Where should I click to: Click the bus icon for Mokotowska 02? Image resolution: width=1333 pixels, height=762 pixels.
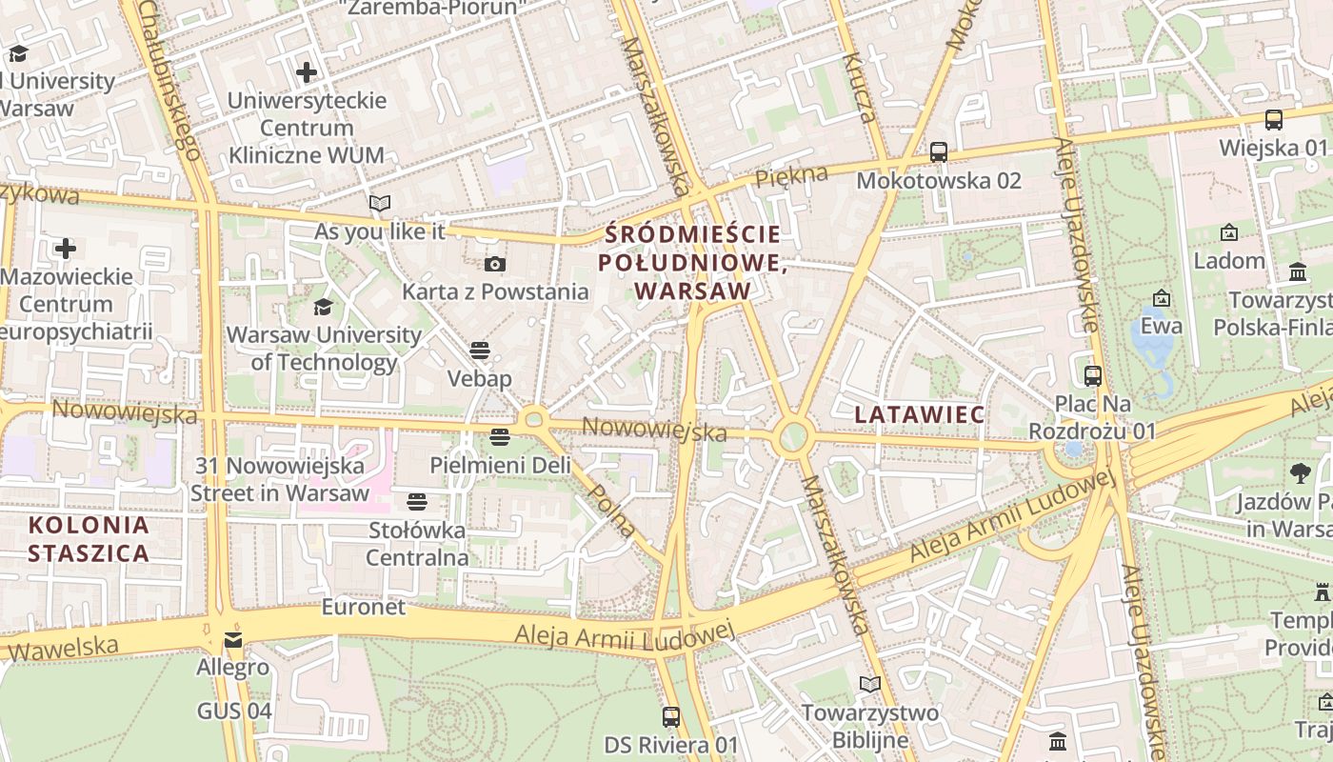point(938,151)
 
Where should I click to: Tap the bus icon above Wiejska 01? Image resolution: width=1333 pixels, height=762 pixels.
point(1273,120)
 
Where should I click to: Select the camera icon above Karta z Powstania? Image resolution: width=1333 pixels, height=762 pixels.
point(494,264)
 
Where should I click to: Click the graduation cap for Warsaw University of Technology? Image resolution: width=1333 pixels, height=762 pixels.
point(323,307)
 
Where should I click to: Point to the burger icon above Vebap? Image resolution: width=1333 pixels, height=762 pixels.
point(480,351)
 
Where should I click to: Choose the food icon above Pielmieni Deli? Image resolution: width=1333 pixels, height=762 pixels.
point(500,437)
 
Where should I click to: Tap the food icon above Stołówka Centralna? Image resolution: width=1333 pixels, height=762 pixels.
point(417,501)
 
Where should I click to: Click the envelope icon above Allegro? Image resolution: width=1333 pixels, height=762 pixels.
point(233,639)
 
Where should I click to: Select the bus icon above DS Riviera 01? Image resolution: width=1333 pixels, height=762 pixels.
point(671,716)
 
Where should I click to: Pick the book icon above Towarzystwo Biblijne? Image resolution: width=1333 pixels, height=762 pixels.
point(869,685)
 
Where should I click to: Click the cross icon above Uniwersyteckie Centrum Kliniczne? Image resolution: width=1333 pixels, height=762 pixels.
point(307,72)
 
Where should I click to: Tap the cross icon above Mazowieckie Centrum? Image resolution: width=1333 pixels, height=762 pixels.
point(66,250)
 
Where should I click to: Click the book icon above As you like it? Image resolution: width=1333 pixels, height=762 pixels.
point(380,203)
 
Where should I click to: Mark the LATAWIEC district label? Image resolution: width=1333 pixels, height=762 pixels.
point(919,414)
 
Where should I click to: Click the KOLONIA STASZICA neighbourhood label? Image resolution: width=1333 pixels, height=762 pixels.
point(89,539)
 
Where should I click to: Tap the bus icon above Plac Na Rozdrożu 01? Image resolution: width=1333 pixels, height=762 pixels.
point(1092,376)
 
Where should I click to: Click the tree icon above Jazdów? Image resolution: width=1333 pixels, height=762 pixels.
point(1300,472)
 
